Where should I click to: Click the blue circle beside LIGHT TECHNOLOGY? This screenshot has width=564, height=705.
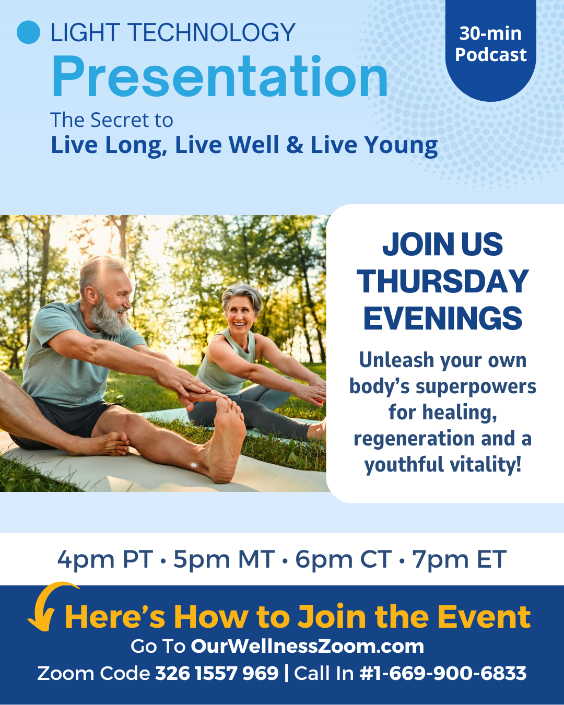(x=29, y=32)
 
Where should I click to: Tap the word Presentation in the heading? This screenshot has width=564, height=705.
(x=220, y=77)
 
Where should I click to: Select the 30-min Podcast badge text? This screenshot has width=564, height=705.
(x=490, y=43)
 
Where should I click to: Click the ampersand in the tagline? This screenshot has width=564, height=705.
(x=295, y=144)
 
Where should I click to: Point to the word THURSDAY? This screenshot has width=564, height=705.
(x=443, y=281)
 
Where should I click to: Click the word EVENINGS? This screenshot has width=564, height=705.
(x=443, y=318)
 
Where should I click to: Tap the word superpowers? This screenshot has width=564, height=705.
(x=476, y=387)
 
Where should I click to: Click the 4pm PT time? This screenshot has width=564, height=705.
(x=105, y=559)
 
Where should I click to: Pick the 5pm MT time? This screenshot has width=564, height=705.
(x=224, y=559)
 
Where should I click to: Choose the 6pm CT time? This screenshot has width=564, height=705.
(x=344, y=559)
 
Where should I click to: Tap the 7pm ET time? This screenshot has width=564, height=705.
(x=459, y=559)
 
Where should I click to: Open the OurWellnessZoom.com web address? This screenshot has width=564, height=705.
(x=308, y=647)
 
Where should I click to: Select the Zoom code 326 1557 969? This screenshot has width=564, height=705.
(x=217, y=674)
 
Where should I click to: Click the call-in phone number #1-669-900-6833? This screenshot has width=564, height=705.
(x=443, y=674)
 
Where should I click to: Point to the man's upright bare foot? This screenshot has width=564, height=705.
(x=226, y=439)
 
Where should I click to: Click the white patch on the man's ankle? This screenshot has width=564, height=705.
(x=194, y=465)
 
